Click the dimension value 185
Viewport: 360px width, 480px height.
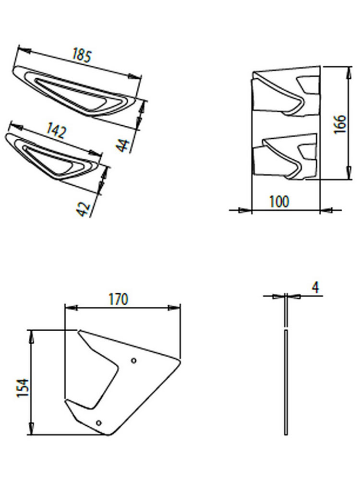81,56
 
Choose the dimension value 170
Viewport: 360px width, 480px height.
118,300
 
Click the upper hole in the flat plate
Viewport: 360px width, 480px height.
134,360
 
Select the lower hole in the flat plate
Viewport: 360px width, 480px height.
99,422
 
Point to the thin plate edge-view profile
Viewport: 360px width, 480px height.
287,379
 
